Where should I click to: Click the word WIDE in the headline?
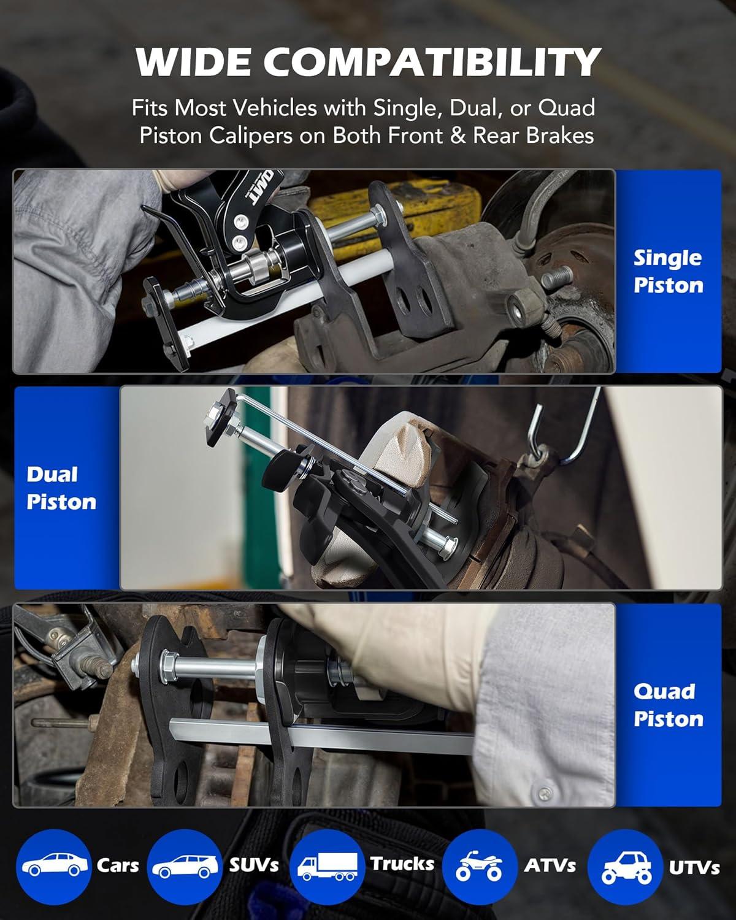[x=193, y=61]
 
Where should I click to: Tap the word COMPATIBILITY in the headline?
[x=432, y=61]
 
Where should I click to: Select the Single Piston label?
[x=668, y=272]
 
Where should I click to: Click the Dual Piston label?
[x=61, y=488]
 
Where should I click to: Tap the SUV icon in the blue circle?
[x=185, y=867]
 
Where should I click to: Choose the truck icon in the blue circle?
[x=328, y=867]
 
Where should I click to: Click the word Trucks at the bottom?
[x=402, y=864]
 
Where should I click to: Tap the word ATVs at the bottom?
[x=550, y=865]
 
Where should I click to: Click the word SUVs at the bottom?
[x=254, y=865]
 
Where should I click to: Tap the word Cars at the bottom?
[x=118, y=865]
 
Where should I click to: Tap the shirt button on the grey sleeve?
[x=545, y=794]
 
